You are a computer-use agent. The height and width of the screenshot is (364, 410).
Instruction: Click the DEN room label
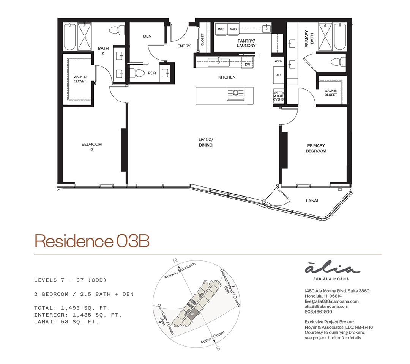[147, 36]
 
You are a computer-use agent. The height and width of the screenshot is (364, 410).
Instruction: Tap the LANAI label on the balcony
[312, 200]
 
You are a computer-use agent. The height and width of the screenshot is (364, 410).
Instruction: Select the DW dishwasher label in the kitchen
[248, 64]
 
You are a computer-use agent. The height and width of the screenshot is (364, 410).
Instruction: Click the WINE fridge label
[278, 61]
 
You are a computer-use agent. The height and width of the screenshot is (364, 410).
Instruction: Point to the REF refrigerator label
[278, 75]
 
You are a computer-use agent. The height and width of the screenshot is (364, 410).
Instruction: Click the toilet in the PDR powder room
[138, 73]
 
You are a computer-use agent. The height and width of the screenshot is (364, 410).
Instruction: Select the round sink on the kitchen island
[235, 92]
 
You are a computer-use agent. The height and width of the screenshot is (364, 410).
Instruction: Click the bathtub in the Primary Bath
[340, 36]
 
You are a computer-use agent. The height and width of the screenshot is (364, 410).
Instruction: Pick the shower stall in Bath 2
[84, 37]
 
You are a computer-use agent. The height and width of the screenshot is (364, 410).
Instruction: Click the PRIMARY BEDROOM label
[316, 148]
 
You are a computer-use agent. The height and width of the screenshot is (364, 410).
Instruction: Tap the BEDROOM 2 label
[91, 147]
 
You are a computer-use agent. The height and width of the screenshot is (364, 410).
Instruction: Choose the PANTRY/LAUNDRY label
[246, 43]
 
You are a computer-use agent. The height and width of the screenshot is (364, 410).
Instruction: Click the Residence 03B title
[92, 241]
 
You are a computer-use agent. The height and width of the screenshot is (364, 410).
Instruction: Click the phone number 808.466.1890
[318, 312]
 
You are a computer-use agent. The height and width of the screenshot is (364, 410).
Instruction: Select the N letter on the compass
[175, 260]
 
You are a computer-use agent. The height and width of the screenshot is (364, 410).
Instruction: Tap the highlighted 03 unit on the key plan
[193, 314]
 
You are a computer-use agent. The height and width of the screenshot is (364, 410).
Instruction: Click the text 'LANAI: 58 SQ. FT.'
[67, 321]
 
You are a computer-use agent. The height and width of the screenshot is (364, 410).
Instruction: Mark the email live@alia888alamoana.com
[331, 301]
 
